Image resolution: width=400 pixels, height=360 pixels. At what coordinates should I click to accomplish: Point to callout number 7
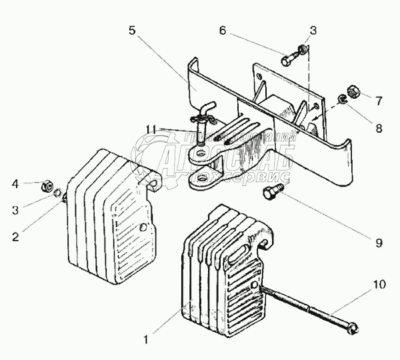[379, 101]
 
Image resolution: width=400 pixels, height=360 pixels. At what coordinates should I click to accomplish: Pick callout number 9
[379, 243]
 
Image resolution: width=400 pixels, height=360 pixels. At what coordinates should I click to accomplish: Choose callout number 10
[378, 285]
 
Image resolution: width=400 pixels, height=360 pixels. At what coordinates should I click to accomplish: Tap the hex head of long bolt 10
[353, 328]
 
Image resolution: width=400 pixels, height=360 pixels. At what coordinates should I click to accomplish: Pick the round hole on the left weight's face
[144, 227]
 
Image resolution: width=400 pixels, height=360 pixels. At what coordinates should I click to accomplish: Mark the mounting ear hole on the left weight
[154, 182]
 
